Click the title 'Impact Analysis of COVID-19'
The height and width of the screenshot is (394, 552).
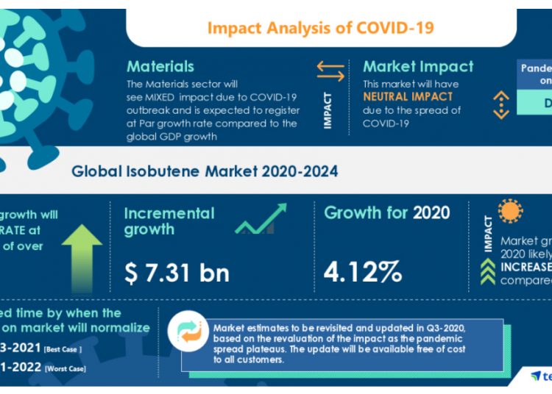pos(320,28)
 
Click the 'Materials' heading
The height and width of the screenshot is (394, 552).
pos(160,67)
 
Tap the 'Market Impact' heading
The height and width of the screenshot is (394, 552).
pos(418,67)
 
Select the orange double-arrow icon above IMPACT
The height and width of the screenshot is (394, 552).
pos(330,71)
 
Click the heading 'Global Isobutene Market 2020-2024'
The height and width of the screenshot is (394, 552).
pos(205,172)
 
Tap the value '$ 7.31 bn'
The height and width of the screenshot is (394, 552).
pos(177,273)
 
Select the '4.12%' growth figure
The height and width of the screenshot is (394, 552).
pos(363,273)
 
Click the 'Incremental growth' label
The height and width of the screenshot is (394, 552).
pos(169,221)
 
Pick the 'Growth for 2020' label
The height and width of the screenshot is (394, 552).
pos(386,213)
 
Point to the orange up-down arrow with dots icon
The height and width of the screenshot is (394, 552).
pos(501,104)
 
